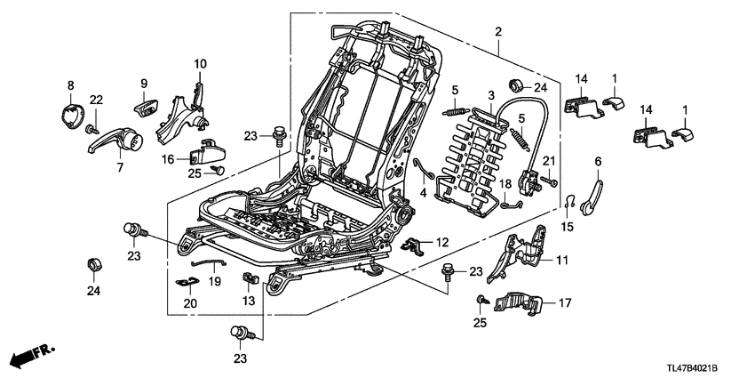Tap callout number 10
(x=200, y=64)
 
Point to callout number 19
(x=214, y=281)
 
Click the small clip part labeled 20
(x=187, y=285)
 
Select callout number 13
(x=250, y=302)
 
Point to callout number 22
(x=96, y=99)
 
